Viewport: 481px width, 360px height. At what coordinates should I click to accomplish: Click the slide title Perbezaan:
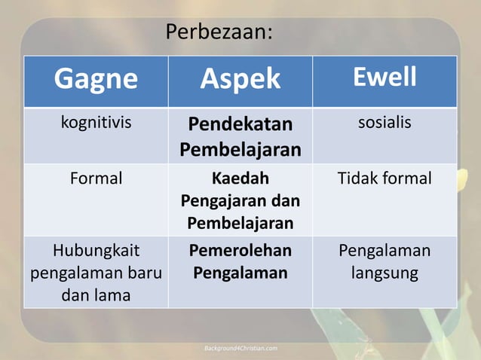click(x=219, y=33)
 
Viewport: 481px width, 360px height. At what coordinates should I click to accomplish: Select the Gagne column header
click(x=95, y=78)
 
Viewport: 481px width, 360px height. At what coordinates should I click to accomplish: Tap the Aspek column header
click(x=240, y=78)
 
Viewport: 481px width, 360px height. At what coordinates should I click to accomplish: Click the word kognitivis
click(x=95, y=122)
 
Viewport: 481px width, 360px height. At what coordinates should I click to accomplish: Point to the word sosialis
click(x=384, y=122)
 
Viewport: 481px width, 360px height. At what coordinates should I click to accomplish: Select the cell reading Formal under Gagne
click(x=95, y=178)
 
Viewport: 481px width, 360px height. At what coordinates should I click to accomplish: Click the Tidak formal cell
click(x=384, y=178)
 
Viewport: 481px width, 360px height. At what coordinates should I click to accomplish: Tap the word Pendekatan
click(x=240, y=124)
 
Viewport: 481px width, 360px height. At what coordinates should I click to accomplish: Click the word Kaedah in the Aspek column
click(x=240, y=179)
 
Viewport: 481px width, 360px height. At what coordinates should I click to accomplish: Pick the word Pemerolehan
click(x=240, y=251)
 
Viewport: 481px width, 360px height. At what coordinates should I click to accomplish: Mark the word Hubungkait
click(x=95, y=250)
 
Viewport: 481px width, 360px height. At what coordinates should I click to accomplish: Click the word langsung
click(x=384, y=273)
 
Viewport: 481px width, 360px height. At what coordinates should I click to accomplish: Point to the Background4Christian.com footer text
click(x=241, y=348)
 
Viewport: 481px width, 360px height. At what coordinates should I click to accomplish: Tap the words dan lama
click(x=95, y=295)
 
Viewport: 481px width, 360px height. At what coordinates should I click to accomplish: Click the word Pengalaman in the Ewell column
click(x=384, y=250)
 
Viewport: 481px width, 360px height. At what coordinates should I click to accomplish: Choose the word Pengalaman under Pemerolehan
click(x=240, y=273)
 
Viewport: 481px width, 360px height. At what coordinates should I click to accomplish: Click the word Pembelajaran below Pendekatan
click(x=240, y=150)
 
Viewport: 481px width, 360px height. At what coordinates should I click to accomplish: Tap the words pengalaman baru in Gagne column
click(x=95, y=273)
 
